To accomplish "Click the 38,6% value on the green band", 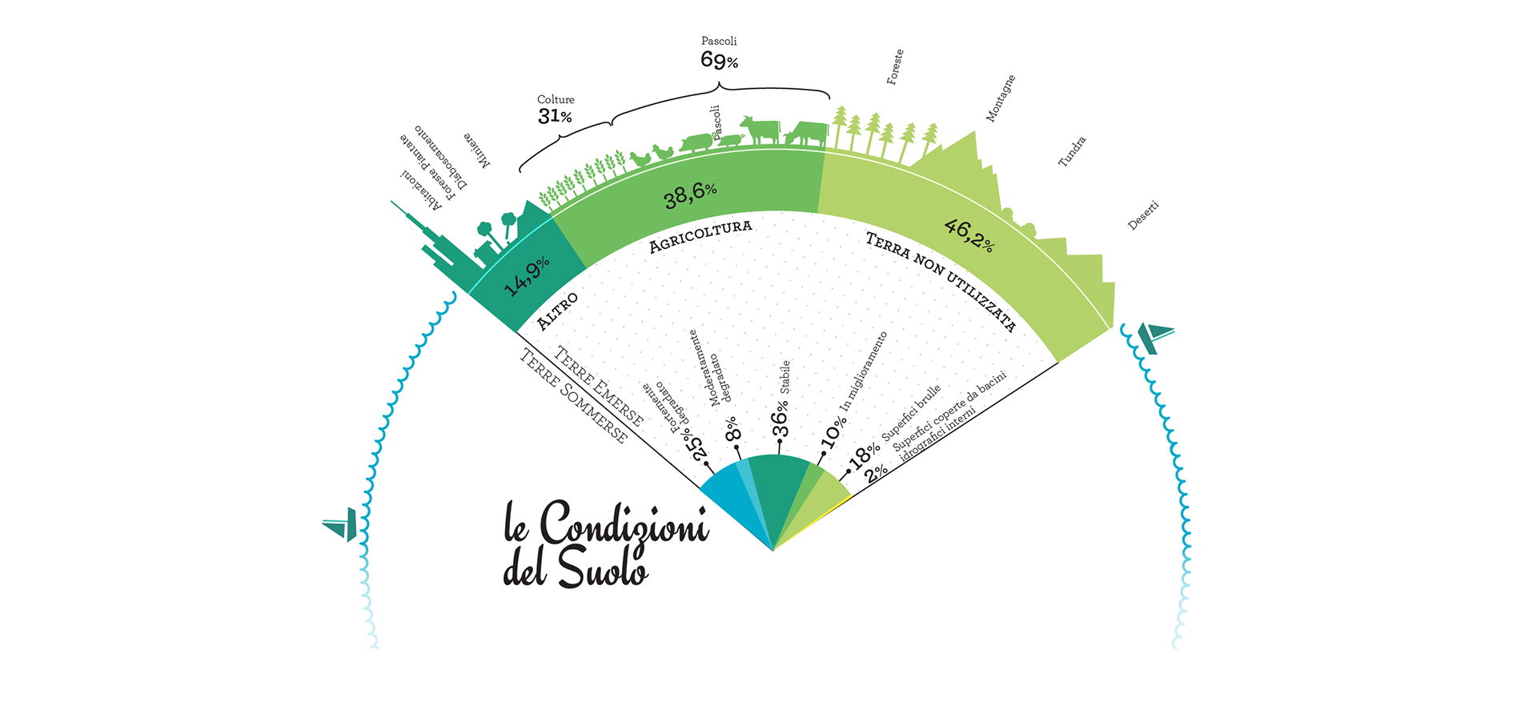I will (690, 194).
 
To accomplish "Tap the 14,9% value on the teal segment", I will (527, 276).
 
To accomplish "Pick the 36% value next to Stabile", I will (781, 418).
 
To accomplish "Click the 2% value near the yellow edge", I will (877, 471).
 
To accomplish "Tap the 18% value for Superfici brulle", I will (864, 455).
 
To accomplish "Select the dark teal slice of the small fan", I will (777, 488).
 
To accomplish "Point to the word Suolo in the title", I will (602, 568).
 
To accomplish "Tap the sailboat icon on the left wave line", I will (341, 524).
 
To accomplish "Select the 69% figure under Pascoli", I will (719, 60).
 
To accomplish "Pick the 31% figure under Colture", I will (555, 116).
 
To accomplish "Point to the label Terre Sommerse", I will (573, 397).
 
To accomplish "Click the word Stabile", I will (785, 377).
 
